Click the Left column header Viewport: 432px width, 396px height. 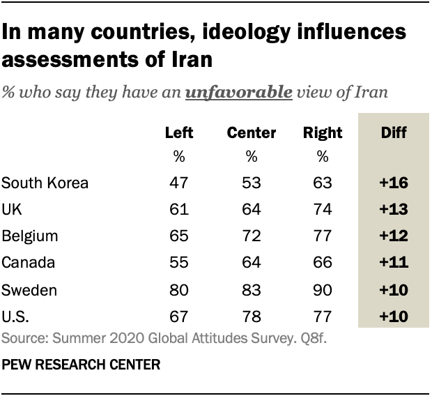tap(178, 132)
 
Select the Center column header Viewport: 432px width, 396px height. tap(252, 132)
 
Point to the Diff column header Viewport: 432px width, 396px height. tap(393, 132)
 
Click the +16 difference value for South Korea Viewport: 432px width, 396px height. tap(393, 183)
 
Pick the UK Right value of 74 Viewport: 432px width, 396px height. tap(321, 211)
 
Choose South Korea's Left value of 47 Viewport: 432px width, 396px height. tap(179, 183)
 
